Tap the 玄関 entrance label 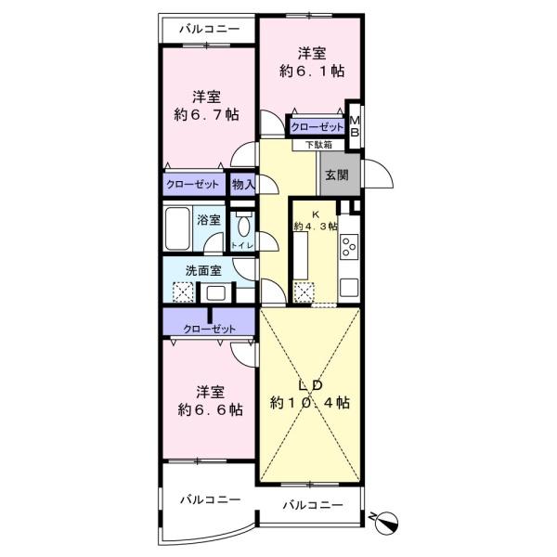pos(334,175)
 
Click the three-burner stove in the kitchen pos(349,247)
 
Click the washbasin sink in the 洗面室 pos(216,292)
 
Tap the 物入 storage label pos(243,184)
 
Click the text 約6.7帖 pos(206,114)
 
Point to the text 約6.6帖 pos(210,408)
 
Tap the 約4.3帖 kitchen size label pos(316,225)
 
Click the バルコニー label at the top pos(209,28)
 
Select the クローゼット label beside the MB pos(317,127)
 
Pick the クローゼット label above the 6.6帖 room pos(209,329)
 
